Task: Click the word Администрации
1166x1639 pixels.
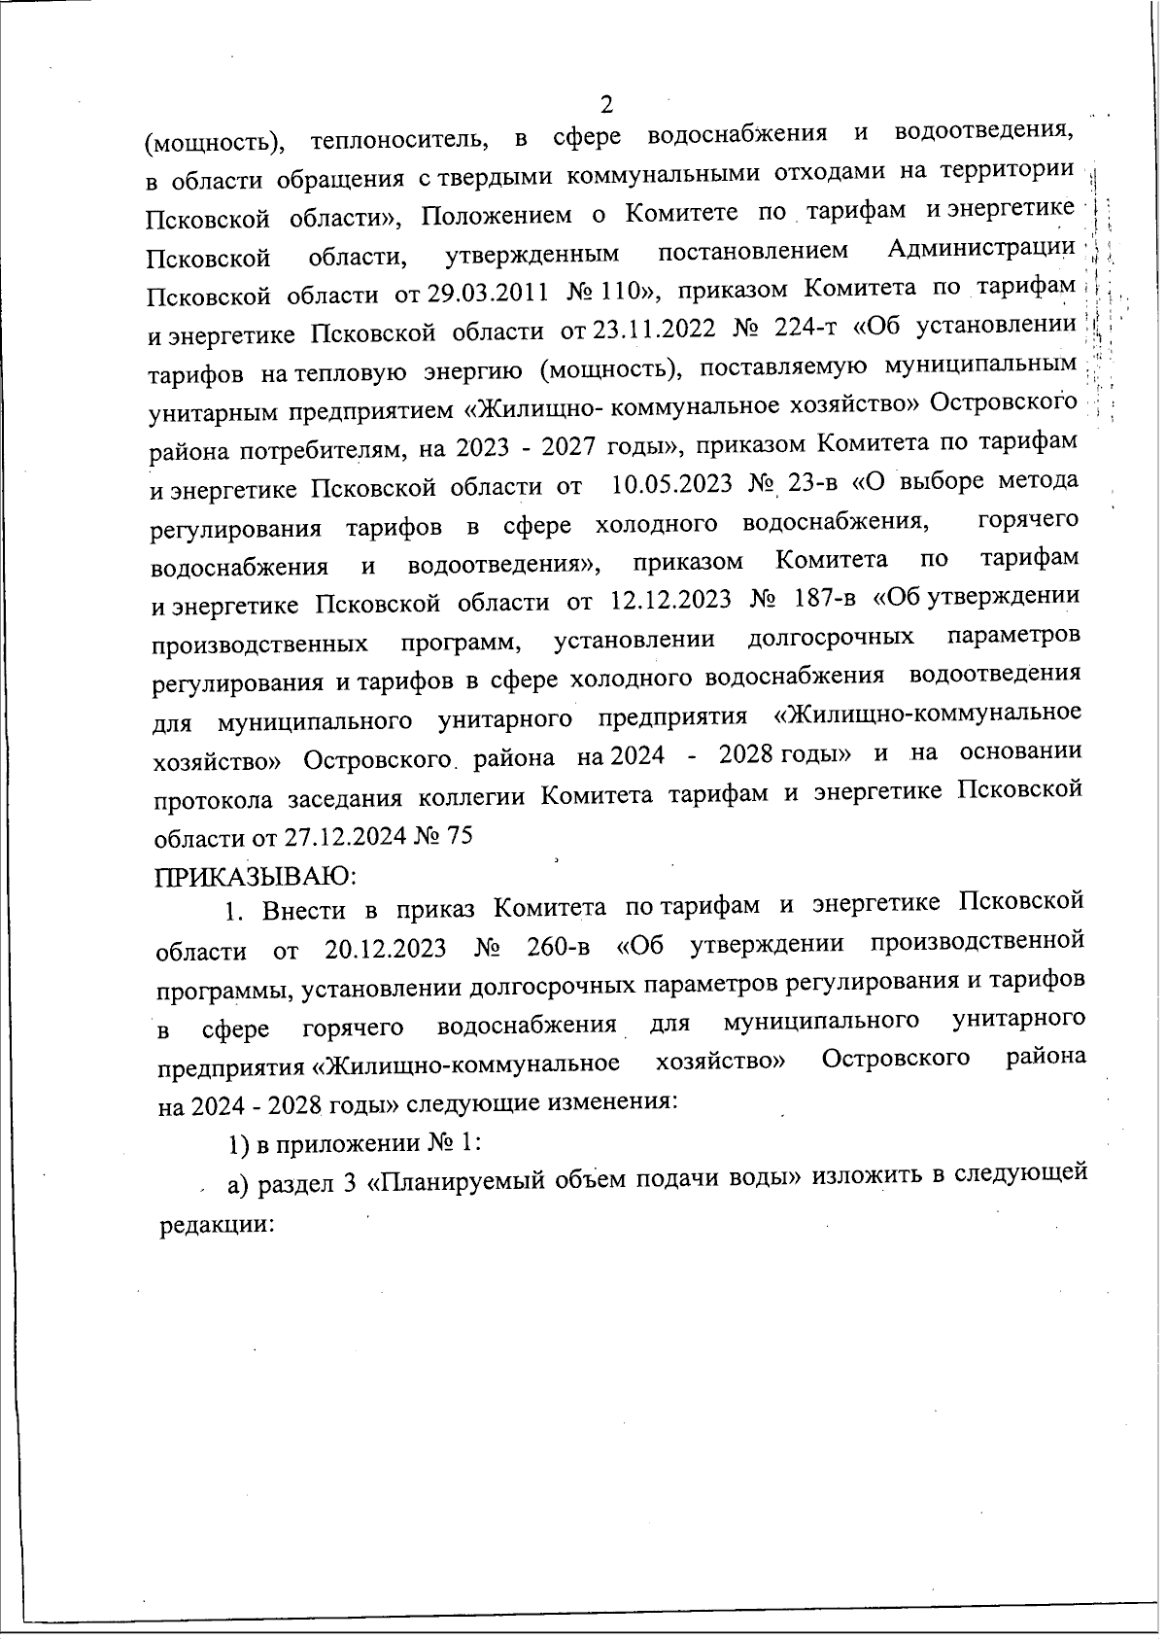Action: (x=981, y=250)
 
